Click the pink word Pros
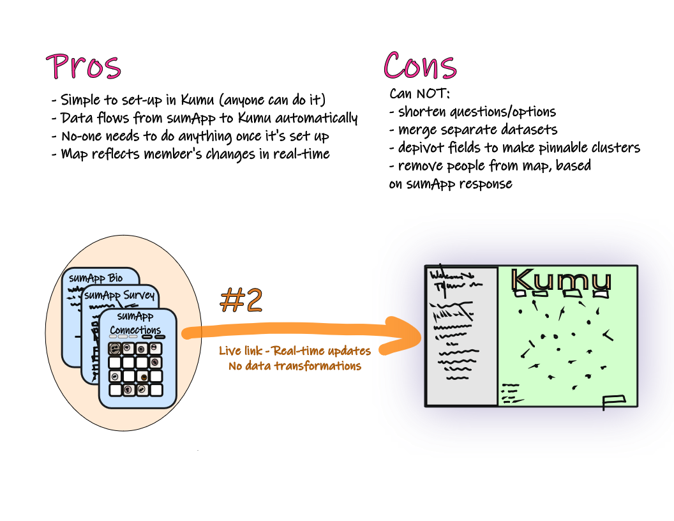point(84,66)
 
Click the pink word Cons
point(420,66)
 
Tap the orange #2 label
point(241,300)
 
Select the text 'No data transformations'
point(295,366)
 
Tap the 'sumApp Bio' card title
point(96,278)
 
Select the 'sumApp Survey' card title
point(119,295)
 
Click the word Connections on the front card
point(135,330)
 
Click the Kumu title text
point(561,280)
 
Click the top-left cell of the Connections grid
point(115,349)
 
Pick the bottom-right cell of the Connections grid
point(156,389)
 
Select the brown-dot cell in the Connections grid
point(143,376)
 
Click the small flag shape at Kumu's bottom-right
point(613,401)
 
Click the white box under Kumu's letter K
point(520,294)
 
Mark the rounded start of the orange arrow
point(187,333)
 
